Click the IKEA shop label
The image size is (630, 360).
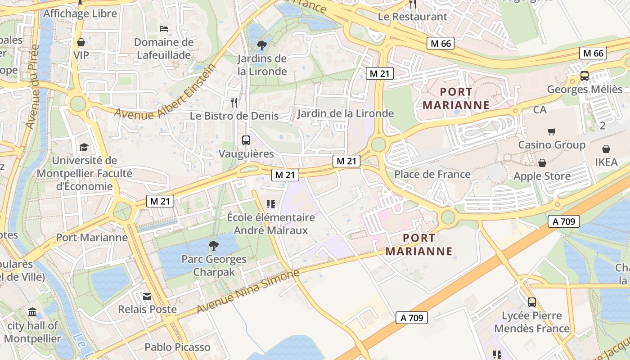606,162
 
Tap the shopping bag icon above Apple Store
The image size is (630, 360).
542,162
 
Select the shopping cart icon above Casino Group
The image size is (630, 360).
551,131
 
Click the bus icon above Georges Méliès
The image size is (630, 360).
584,76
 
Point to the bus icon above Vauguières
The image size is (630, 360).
246,140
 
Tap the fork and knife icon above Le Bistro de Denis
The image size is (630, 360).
234,102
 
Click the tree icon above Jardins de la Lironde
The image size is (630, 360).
261,45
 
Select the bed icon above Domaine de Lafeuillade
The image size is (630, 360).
164,29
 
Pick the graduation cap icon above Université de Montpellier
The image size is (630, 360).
84,147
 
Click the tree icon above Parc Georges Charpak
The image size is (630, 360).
213,246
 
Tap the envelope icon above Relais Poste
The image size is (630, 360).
147,296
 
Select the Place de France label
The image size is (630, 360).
432,174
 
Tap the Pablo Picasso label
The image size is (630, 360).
177,347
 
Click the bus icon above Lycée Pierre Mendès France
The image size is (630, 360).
531,302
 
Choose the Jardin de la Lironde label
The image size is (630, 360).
345,113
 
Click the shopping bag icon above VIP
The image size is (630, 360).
81,42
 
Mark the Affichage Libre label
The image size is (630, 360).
80,13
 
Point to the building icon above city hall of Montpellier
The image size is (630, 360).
32,312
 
